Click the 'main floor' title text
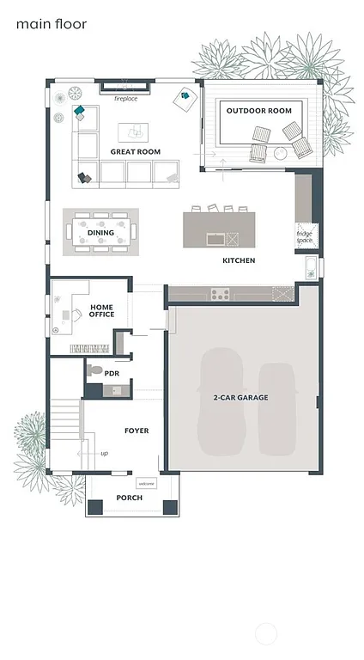point(51,24)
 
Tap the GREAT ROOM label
point(135,152)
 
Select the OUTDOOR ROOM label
point(258,111)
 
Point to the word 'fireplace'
point(126,99)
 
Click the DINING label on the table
point(100,233)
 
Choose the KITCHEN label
point(239,260)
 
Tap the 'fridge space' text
point(305,237)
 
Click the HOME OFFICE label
point(102,311)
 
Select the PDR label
point(112,374)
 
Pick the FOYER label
point(136,431)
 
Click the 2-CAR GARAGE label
point(241,398)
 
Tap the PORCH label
point(130,498)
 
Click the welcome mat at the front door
point(146,484)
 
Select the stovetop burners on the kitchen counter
point(220,295)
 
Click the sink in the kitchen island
point(215,239)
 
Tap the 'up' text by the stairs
point(105,453)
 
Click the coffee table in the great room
point(132,131)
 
